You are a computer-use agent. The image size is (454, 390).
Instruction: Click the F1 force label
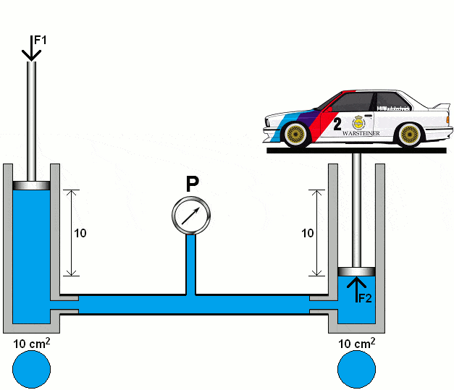click(x=40, y=41)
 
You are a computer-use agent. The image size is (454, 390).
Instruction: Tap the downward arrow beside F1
click(x=30, y=48)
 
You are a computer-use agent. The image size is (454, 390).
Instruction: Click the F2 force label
click(x=363, y=297)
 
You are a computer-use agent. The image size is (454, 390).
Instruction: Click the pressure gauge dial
click(x=191, y=214)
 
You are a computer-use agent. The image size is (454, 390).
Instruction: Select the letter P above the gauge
click(x=193, y=185)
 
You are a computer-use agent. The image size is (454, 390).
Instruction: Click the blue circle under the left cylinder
click(x=31, y=369)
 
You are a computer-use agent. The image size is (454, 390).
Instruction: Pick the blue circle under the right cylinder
click(x=357, y=369)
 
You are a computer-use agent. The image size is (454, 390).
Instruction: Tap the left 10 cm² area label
click(x=31, y=342)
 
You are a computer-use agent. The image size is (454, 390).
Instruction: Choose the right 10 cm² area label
click(x=357, y=342)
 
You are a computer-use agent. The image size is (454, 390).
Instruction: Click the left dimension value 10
click(x=80, y=233)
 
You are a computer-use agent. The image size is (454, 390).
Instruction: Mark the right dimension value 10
click(x=308, y=233)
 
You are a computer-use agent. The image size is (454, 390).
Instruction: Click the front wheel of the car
click(x=294, y=134)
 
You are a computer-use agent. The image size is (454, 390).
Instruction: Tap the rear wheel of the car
click(x=410, y=134)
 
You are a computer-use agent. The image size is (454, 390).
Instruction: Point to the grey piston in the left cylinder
click(x=31, y=185)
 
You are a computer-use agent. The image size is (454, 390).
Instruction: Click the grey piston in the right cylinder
click(x=356, y=271)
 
